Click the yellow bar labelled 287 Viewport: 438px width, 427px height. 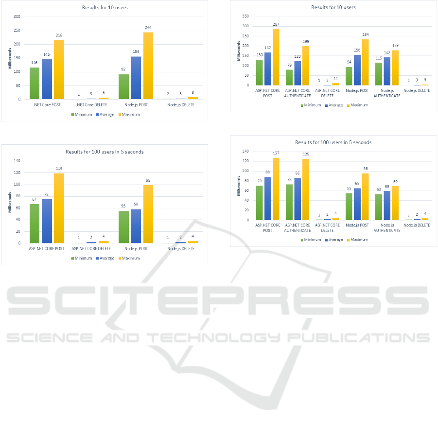click(276, 57)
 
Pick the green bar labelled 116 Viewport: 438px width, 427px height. click(35, 83)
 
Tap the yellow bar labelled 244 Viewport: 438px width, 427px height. click(148, 66)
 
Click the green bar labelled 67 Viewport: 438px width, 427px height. click(35, 223)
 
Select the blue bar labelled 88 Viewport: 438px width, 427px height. click(267, 198)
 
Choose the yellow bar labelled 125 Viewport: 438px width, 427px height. click(305, 189)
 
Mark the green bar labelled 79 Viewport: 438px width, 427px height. click(289, 77)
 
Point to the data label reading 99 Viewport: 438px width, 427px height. click(148, 180)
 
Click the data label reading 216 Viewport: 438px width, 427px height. click(59, 35)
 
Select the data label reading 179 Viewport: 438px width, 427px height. click(395, 45)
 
